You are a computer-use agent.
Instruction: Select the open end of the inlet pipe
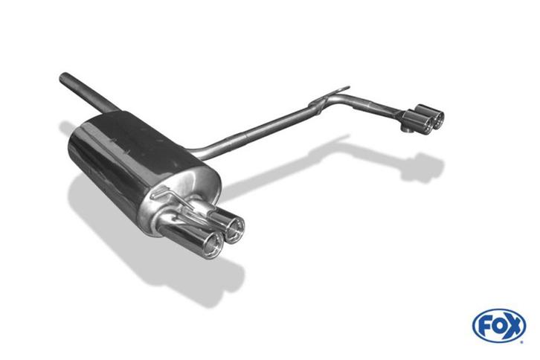(63, 77)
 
